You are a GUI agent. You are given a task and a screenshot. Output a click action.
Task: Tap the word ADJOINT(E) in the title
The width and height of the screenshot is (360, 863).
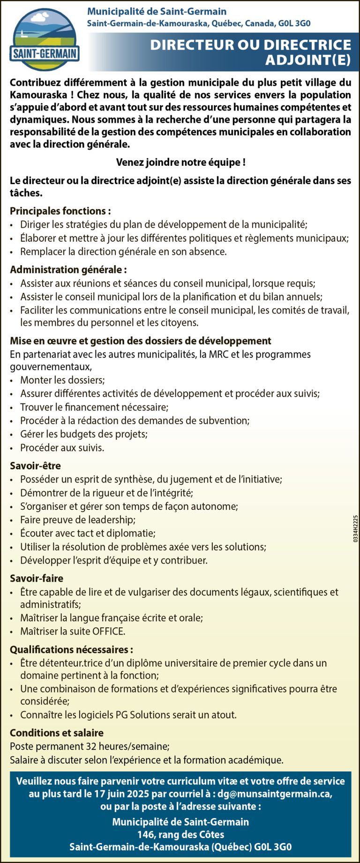click(308, 60)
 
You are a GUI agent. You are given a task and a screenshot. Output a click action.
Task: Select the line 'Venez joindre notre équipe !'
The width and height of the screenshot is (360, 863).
click(180, 163)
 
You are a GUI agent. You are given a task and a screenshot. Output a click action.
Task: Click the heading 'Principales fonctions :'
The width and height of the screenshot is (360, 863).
click(60, 211)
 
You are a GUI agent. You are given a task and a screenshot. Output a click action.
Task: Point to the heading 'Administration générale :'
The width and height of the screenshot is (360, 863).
click(68, 269)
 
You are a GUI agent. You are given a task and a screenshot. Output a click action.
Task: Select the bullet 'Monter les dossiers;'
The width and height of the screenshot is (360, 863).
click(62, 380)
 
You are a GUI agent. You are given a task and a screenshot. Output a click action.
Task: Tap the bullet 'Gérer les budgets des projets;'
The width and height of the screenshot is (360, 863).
click(83, 434)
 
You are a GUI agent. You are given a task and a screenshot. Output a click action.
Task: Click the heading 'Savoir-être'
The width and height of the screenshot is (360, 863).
click(36, 466)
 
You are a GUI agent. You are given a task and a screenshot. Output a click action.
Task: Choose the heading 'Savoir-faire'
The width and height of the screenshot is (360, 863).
click(37, 578)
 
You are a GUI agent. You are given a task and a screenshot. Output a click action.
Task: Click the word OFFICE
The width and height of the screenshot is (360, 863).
click(109, 631)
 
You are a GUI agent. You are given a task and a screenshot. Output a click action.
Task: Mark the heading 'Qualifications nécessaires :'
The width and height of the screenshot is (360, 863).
click(71, 649)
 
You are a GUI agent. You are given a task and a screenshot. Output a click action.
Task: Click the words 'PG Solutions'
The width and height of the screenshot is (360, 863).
click(155, 714)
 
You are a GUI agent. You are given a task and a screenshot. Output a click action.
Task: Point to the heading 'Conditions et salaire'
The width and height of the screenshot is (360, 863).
click(57, 733)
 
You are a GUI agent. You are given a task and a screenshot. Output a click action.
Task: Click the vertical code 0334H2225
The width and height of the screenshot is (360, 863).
click(355, 529)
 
